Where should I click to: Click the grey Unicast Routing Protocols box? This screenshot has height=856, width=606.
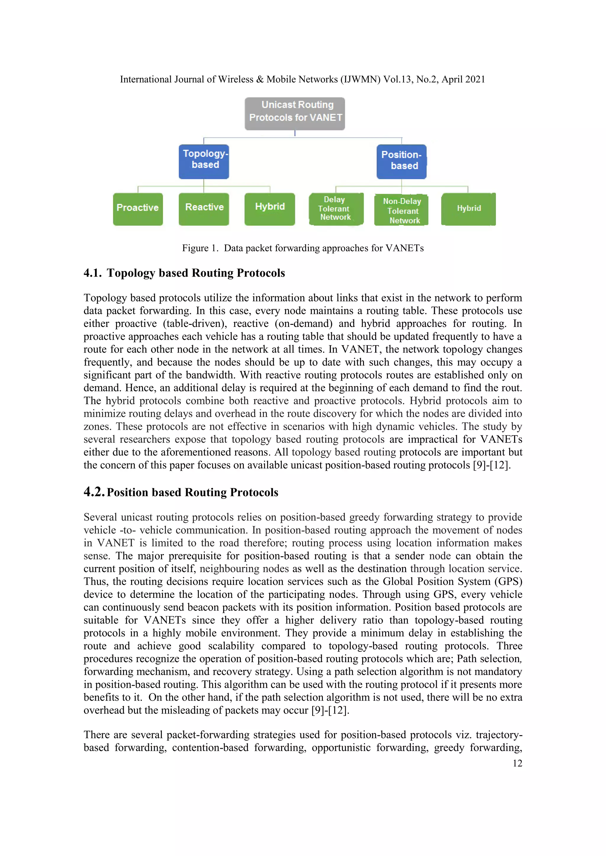coord(295,114)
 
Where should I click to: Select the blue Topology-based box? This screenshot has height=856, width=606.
coord(204,161)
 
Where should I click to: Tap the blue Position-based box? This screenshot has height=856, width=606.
coord(401,161)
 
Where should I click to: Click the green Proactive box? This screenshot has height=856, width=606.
coord(138,209)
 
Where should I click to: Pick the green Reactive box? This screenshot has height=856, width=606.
coord(204,209)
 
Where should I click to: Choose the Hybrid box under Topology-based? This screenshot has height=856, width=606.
coord(270,209)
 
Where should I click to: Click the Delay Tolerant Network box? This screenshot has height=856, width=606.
coord(336,209)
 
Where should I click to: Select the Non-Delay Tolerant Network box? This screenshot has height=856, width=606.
coord(402,210)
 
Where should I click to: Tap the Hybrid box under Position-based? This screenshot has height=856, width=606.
coord(468,209)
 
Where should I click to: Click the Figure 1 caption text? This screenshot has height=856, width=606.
coord(303,248)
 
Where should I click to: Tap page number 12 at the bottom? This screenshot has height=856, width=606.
coord(517,763)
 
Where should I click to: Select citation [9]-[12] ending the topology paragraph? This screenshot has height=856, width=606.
coord(491,465)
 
